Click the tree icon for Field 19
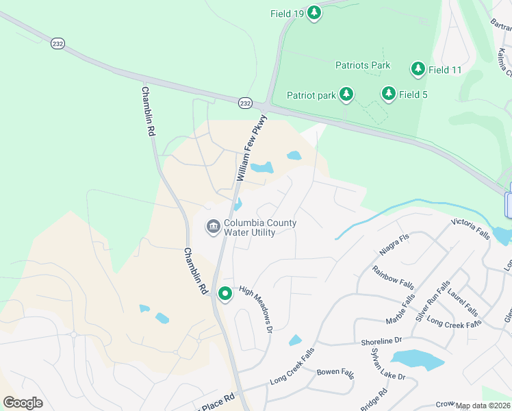coord(313,12)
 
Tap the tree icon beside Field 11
coord(418,68)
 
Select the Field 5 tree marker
coord(388,94)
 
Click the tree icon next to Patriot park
coord(346,95)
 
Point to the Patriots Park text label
coord(363,65)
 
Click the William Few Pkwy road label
coord(251,148)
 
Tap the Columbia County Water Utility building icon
coord(213,226)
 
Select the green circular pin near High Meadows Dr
coord(225,293)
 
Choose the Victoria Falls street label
coord(470,229)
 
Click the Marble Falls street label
coord(402,309)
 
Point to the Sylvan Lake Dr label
coord(388,364)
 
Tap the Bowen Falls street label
coord(335,373)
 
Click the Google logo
coord(23,402)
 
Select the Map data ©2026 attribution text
coord(483,406)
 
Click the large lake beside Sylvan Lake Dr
coord(417,360)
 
